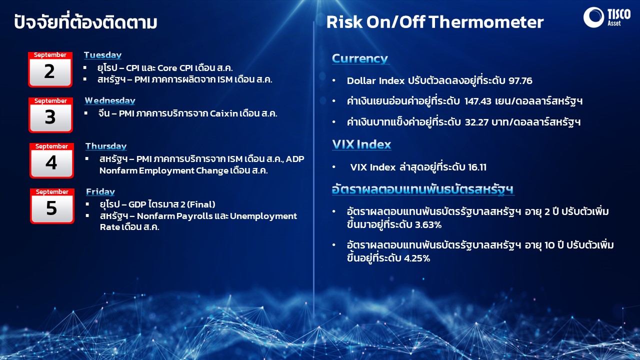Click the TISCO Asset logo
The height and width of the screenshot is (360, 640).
(607, 17)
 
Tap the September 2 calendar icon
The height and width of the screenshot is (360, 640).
(50, 69)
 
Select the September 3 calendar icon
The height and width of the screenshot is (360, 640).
(50, 115)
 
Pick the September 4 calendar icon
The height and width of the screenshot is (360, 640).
(51, 160)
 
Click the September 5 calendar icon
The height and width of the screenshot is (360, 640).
(52, 206)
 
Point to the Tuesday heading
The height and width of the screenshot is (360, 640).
(102, 55)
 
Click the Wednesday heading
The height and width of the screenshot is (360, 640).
(110, 100)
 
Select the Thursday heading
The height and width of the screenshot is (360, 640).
(106, 146)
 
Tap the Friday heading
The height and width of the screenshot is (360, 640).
(100, 191)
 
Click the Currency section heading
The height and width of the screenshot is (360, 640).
(360, 58)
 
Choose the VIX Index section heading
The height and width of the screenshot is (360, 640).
(361, 144)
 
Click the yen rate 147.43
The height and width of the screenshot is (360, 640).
(477, 101)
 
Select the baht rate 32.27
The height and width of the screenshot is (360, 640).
(476, 122)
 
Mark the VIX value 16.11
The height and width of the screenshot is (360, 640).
(477, 167)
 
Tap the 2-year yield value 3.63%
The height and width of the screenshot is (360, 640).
(428, 225)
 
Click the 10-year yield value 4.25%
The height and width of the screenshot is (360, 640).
(417, 258)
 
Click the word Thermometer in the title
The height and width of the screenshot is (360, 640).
(486, 22)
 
